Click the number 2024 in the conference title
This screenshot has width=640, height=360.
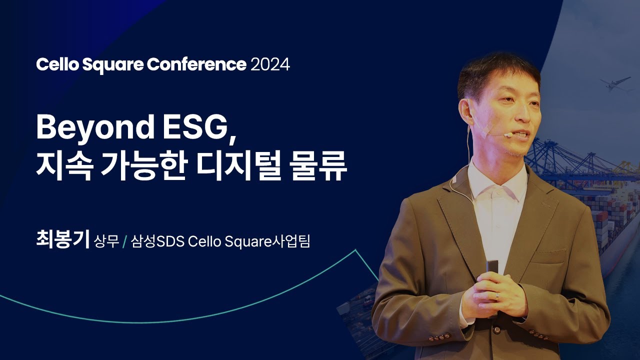point(270,64)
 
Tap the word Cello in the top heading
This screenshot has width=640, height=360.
point(57,64)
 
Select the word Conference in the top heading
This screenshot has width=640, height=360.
point(196,64)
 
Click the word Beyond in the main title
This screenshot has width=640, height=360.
point(95,127)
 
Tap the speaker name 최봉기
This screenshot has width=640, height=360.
point(63,239)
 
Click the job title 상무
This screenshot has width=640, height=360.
point(106,241)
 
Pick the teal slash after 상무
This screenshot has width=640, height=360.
point(124,241)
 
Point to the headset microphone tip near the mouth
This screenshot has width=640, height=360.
point(507,134)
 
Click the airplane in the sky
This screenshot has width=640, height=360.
point(615,83)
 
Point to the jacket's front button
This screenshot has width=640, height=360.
point(496,329)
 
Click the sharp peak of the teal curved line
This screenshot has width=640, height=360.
point(355,250)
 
